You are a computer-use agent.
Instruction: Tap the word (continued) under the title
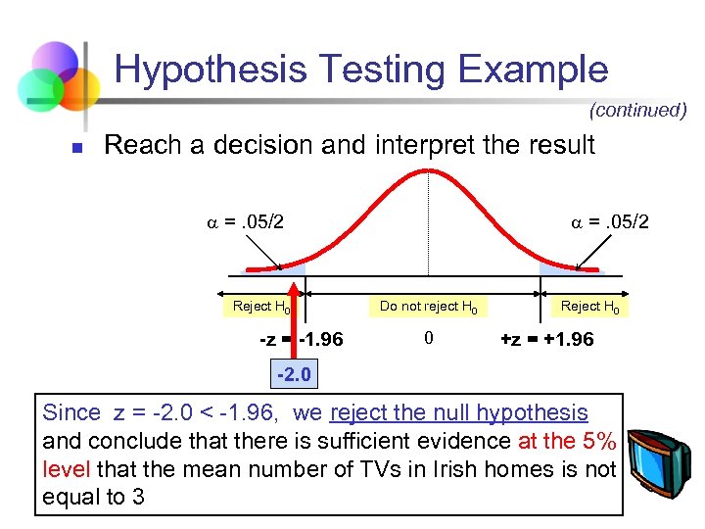[x=637, y=110]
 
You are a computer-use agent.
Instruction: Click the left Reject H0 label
[x=261, y=307]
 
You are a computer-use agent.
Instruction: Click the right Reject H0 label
[x=589, y=307]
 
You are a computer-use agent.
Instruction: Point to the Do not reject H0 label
[x=429, y=307]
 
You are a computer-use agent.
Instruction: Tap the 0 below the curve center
[x=428, y=339]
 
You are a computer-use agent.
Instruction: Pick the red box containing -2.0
[x=294, y=374]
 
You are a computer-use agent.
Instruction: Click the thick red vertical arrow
[x=294, y=313]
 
